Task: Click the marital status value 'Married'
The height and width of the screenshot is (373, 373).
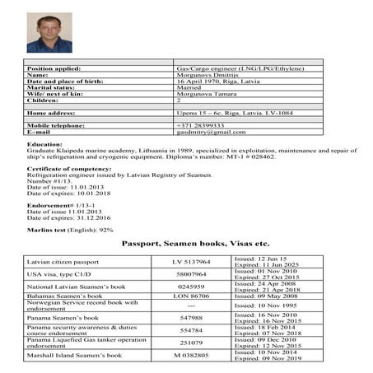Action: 191,89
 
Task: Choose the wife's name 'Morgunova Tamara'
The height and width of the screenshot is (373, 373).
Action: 209,96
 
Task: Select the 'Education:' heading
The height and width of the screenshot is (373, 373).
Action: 45,145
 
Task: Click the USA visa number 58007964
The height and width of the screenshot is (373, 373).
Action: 191,274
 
